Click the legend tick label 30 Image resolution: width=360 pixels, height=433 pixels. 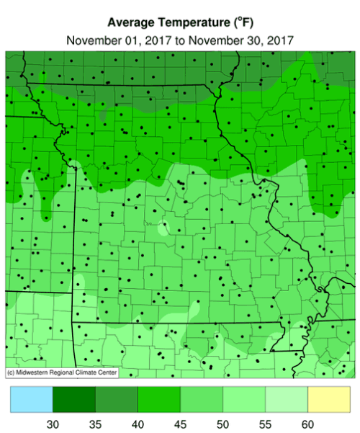(x=53, y=424)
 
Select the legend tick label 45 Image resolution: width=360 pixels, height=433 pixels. (x=180, y=424)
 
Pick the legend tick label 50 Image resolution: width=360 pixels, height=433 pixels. (x=222, y=424)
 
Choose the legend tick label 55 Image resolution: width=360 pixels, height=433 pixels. (x=265, y=424)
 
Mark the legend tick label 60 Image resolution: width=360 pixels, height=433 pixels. (x=307, y=424)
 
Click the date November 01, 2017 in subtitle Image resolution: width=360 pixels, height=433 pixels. (x=115, y=40)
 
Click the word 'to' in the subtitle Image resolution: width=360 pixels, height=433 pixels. (x=177, y=40)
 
